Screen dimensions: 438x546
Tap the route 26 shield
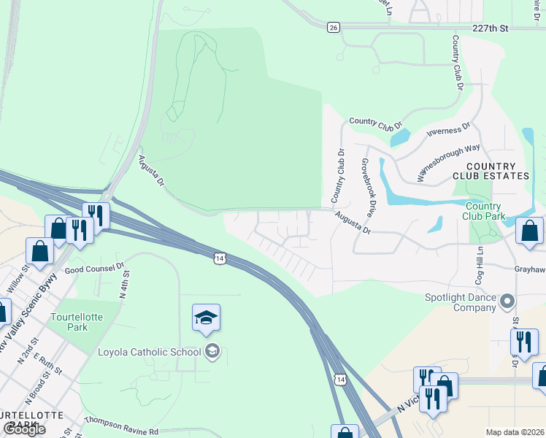pyautogui.click(x=334, y=27)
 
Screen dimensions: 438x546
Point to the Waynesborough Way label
pyautogui.click(x=448, y=162)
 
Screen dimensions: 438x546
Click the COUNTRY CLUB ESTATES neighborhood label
pyautogui.click(x=491, y=172)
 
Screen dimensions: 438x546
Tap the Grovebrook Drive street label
pyautogui.click(x=367, y=188)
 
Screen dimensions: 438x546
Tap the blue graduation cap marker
pyautogui.click(x=206, y=318)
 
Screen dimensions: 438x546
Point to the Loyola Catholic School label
pyautogui.click(x=149, y=352)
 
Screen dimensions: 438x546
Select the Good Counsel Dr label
pyautogui.click(x=95, y=269)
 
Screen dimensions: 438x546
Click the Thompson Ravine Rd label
pyautogui.click(x=121, y=426)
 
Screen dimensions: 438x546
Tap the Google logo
pyautogui.click(x=24, y=429)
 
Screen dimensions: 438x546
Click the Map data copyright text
pyautogui.click(x=515, y=432)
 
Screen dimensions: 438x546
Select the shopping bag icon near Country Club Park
pyautogui.click(x=529, y=231)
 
